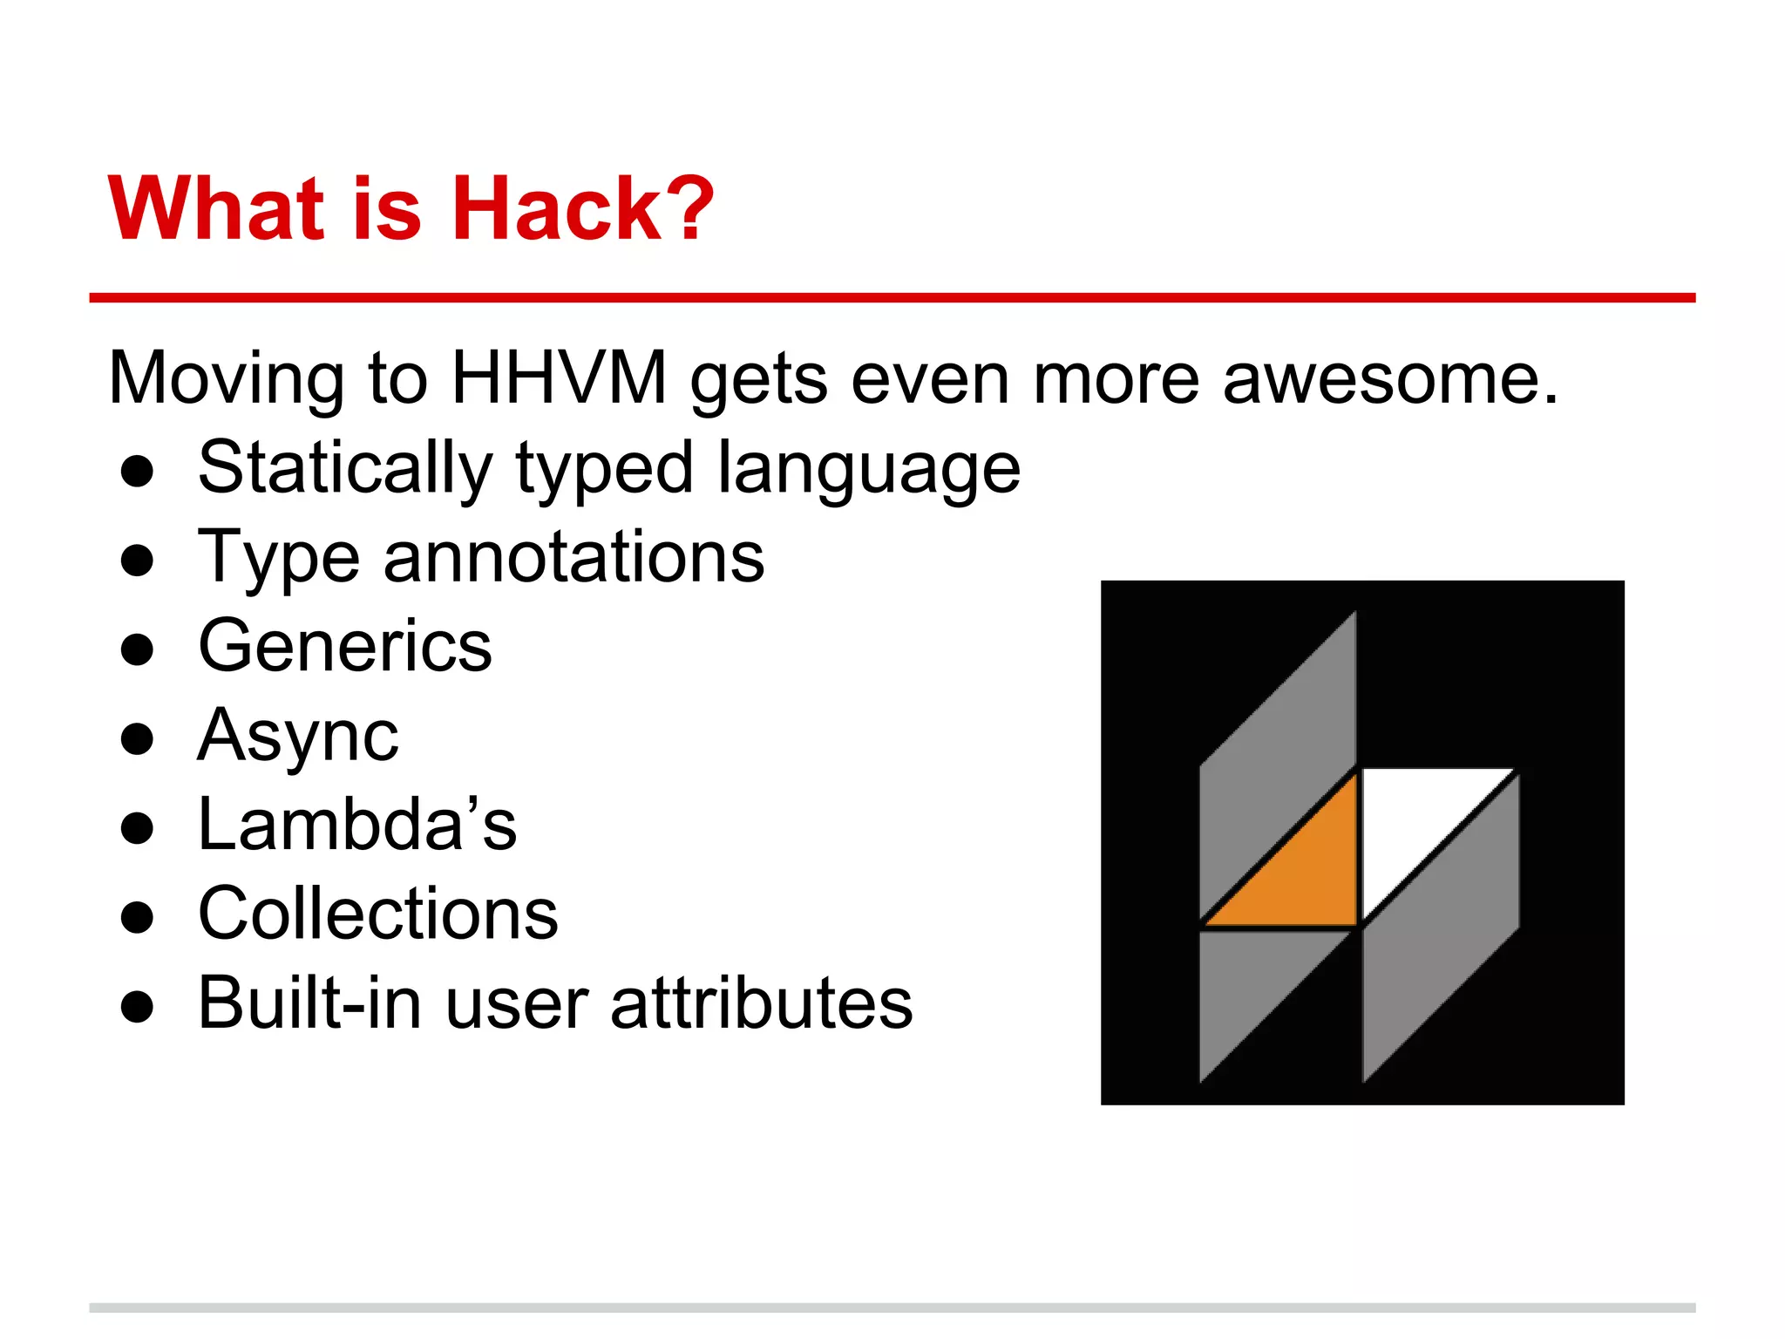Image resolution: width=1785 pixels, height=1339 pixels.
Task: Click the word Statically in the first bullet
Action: click(x=345, y=469)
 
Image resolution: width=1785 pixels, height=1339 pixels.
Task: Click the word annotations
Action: click(x=574, y=557)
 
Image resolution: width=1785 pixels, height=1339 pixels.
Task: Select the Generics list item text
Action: click(x=345, y=646)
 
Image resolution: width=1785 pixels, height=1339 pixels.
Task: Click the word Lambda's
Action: click(x=357, y=824)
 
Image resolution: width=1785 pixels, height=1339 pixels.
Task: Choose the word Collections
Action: click(x=378, y=914)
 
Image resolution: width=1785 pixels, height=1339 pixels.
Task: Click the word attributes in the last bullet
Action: click(x=762, y=1003)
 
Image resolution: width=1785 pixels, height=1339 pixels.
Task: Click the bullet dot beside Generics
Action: click(x=138, y=649)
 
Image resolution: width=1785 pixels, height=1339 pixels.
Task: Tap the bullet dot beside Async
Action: click(x=138, y=739)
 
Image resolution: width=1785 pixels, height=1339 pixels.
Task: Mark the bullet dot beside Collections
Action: click(x=138, y=917)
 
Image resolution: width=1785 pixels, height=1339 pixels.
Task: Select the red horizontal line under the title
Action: click(x=892, y=298)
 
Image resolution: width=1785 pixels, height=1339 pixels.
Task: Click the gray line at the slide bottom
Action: click(x=892, y=1308)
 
